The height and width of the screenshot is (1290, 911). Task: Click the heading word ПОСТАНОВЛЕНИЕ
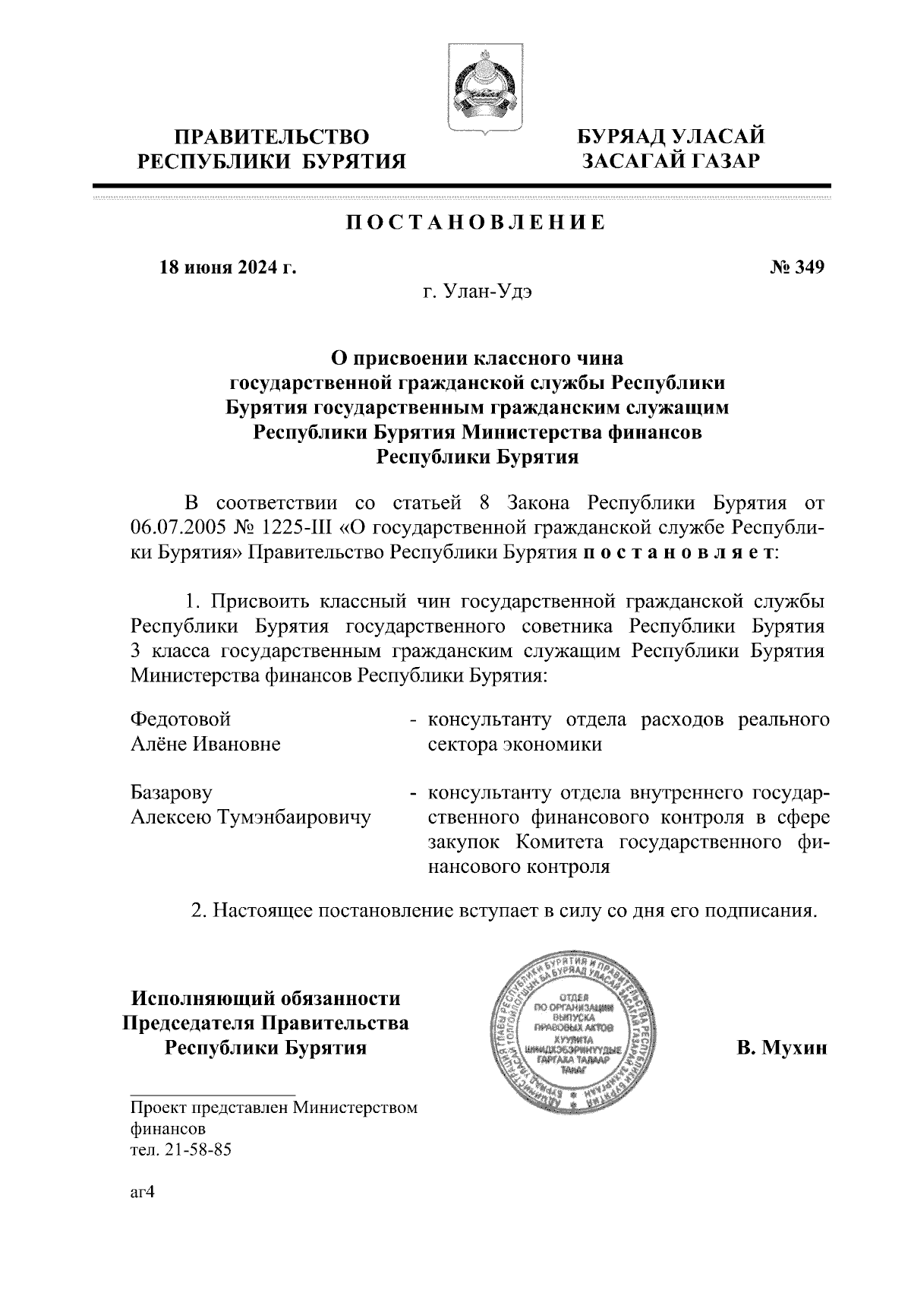[476, 223]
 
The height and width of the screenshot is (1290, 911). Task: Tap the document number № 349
[797, 267]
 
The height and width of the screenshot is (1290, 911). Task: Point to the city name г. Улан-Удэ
[478, 292]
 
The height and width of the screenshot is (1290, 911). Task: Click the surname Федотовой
[181, 719]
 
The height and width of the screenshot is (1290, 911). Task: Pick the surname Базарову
[172, 792]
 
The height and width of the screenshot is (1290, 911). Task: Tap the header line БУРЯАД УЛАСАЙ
[670, 137]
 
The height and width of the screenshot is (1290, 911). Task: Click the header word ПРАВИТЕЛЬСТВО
[273, 137]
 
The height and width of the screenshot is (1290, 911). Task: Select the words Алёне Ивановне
[206, 744]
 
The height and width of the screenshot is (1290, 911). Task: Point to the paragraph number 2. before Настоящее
[200, 909]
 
